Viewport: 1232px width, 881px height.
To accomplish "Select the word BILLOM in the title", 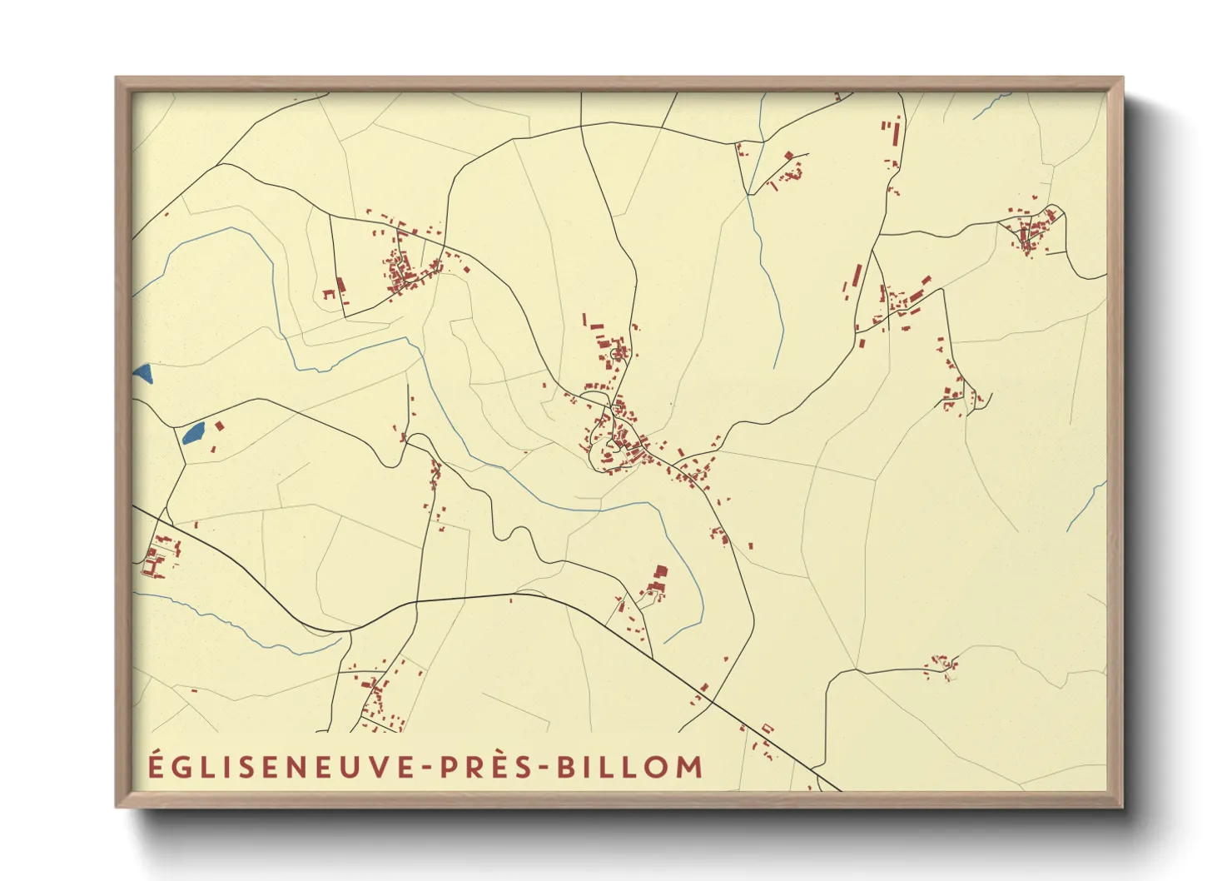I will [629, 767].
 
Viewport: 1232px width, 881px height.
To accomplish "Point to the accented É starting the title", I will [156, 765].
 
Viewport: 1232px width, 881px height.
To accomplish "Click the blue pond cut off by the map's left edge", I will [142, 374].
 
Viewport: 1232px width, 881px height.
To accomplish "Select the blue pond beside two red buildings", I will [193, 432].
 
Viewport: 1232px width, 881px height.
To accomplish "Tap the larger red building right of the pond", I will [220, 426].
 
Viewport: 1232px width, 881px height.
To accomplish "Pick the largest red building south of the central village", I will [661, 572].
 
